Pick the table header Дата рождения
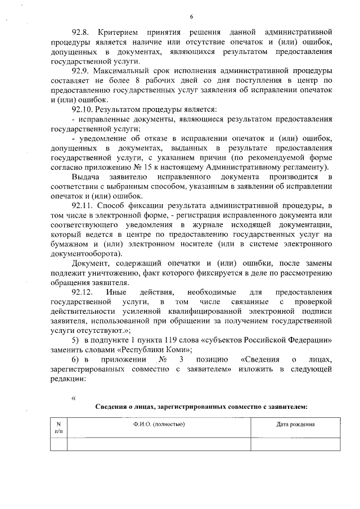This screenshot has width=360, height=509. [x=295, y=425]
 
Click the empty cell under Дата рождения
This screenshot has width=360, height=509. [x=295, y=444]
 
